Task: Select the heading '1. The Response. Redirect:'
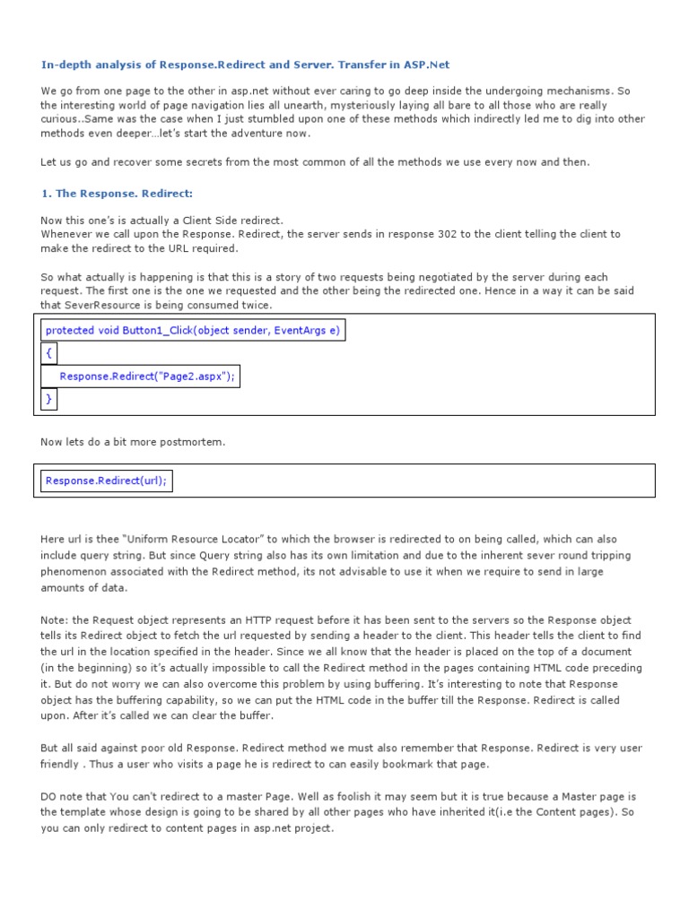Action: (x=117, y=193)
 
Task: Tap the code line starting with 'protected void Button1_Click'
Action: (x=192, y=330)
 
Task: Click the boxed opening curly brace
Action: (x=48, y=353)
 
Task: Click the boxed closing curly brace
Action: (x=48, y=398)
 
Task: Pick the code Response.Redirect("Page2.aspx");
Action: (x=147, y=377)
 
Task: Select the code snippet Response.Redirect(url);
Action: (x=106, y=481)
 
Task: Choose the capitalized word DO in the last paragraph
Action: (x=49, y=796)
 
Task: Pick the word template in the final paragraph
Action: (x=89, y=812)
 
